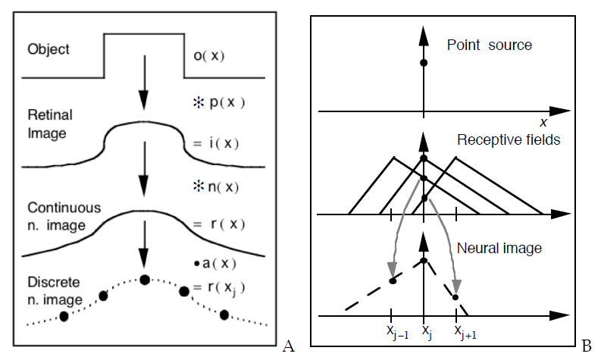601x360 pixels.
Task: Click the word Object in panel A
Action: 48,49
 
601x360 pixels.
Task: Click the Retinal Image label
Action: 49,127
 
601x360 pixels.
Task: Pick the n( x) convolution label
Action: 220,186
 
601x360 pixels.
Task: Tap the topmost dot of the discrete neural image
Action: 145,280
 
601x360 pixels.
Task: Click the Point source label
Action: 490,45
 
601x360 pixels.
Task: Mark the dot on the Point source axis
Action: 424,62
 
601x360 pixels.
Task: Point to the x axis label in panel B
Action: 543,122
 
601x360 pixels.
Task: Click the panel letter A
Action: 287,346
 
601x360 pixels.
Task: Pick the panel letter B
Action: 586,346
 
